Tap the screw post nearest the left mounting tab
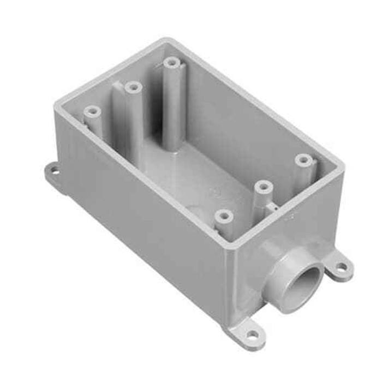(x=93, y=112)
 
